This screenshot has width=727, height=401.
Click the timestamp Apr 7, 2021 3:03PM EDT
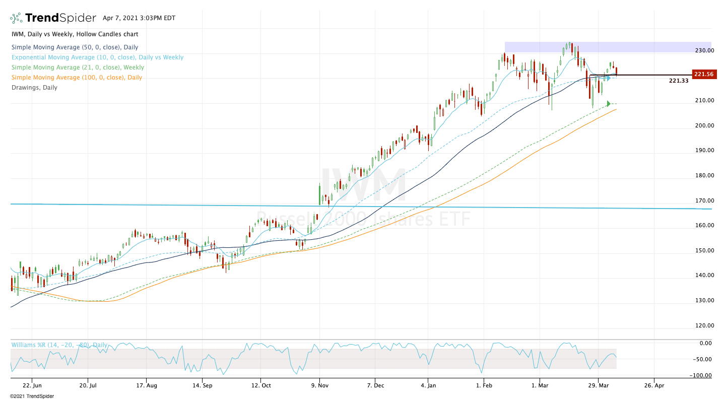point(139,18)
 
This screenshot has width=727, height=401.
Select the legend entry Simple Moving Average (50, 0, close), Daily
point(75,47)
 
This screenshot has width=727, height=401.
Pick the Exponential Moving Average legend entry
point(97,57)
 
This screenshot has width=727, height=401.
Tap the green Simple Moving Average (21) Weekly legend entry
point(78,67)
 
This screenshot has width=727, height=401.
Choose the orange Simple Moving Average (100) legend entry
point(77,77)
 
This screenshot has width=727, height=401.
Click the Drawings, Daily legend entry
point(34,87)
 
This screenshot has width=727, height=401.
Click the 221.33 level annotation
point(679,81)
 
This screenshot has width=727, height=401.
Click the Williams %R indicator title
point(59,345)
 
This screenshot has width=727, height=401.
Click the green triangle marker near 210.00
point(609,104)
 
